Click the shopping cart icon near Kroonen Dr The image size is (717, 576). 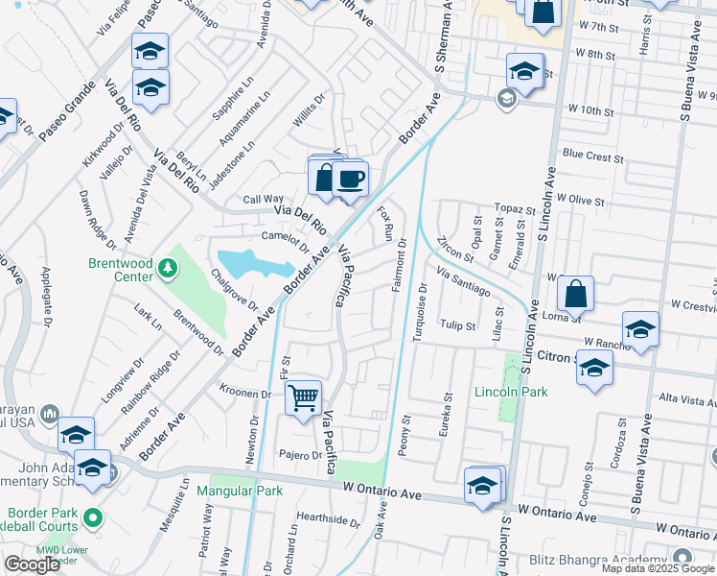tap(303, 396)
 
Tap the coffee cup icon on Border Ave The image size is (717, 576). tap(351, 179)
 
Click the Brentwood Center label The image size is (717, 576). tap(121, 270)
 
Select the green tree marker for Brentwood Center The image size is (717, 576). tap(168, 265)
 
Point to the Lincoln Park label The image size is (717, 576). tap(510, 392)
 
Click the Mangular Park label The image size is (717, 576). tap(240, 491)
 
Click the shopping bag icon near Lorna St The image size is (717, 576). tap(575, 294)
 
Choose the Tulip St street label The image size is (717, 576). tap(457, 325)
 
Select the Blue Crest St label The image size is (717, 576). tap(593, 155)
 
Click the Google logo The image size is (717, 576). tap(32, 564)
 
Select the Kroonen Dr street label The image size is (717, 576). tap(245, 394)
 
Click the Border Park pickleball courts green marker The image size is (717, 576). tap(93, 518)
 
